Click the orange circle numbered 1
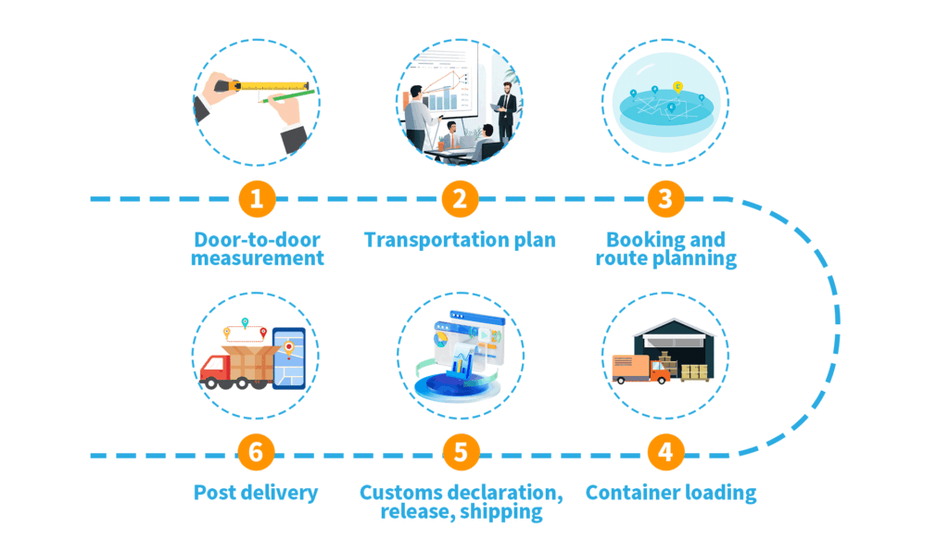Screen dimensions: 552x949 (257, 198)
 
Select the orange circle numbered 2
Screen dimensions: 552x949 (461, 198)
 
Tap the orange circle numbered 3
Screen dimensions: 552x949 (664, 198)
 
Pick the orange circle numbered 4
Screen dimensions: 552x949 (664, 454)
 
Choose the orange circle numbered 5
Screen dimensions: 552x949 (461, 454)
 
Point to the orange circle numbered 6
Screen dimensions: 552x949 (257, 454)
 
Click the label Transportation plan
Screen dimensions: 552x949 (460, 240)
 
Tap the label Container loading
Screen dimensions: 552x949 (670, 493)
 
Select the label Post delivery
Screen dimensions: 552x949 (256, 493)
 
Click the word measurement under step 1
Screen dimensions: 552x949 (258, 258)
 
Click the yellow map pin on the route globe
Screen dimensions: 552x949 (678, 86)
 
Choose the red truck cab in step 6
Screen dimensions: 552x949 (214, 370)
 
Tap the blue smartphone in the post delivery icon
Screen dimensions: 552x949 (289, 357)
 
